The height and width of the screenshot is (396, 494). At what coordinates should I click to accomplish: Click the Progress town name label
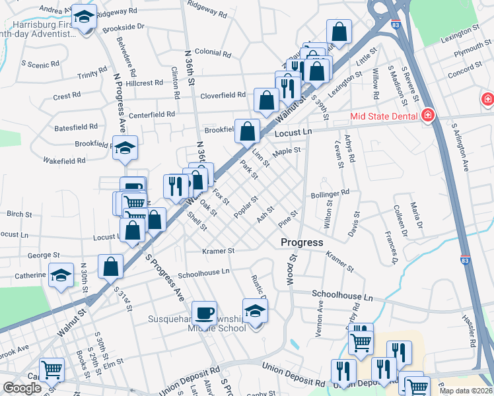point(302,242)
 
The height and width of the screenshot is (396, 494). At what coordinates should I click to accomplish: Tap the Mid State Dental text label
point(385,116)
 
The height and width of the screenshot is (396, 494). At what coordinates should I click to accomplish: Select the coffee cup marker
point(204,312)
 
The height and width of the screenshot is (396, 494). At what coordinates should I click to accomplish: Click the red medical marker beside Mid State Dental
point(428,116)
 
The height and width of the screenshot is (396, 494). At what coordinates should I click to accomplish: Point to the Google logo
point(21,387)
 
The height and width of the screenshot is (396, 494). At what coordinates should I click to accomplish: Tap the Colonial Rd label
point(211,52)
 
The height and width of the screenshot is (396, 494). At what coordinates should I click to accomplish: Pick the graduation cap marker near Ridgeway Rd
point(84,18)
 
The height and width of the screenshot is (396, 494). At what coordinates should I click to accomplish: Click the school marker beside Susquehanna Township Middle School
point(255,310)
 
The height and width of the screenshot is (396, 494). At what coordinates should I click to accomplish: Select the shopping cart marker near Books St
point(51,370)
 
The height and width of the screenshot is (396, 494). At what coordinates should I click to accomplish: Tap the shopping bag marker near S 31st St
point(110,266)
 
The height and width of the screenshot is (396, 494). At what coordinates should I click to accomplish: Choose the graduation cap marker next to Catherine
point(61,275)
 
